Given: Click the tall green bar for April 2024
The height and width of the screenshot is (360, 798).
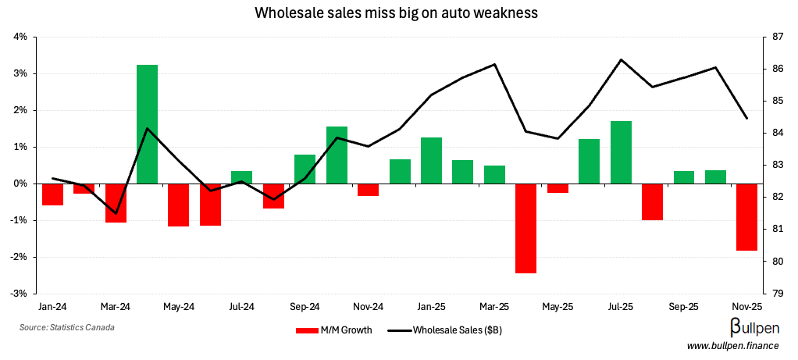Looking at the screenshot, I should point(147,124).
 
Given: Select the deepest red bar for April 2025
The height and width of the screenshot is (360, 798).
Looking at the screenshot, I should point(525,228).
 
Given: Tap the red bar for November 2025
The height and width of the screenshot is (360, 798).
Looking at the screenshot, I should point(746,216).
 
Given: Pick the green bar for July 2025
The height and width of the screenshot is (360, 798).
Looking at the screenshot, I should point(621,152).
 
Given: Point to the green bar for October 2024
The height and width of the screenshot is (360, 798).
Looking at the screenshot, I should point(337,155).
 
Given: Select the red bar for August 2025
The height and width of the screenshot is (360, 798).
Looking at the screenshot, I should point(652,201).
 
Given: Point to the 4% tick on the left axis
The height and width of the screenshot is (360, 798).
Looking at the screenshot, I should point(20,37).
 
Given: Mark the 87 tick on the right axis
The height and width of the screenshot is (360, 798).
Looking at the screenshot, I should point(777,37).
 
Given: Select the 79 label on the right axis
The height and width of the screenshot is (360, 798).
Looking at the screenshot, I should point(777,294).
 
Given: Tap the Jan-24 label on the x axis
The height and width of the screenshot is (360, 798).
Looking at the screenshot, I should point(52,307).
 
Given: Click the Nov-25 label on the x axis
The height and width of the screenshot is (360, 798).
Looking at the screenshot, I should point(746,307).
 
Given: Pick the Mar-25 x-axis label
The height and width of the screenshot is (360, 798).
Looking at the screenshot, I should point(494,307).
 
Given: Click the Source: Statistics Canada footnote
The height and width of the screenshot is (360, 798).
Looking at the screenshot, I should point(67,327).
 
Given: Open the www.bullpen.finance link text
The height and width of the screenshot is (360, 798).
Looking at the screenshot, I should point(733,346).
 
